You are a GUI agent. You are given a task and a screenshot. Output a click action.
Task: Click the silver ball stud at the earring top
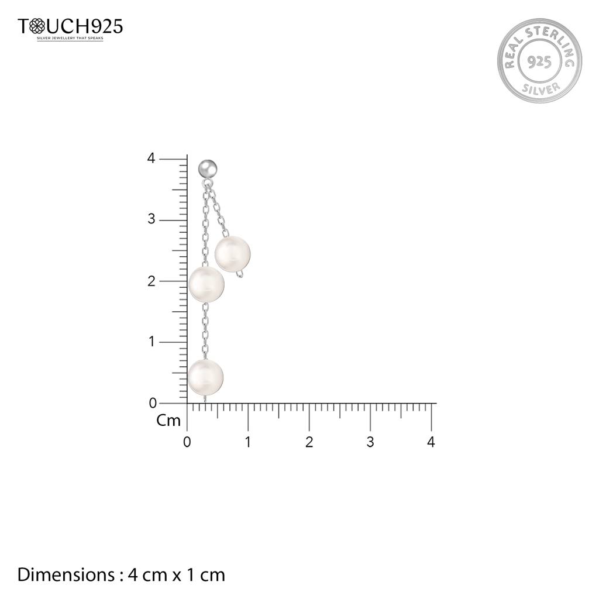208,168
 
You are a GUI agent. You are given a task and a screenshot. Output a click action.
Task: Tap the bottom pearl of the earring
205,377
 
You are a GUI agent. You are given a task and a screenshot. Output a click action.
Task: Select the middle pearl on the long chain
206,284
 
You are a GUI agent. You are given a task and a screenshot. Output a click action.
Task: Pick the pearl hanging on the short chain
233,254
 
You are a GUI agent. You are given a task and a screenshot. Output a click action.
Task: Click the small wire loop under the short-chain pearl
239,274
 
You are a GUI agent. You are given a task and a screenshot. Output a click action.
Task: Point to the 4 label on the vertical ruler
152,158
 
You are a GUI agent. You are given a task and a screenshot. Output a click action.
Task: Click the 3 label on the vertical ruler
152,219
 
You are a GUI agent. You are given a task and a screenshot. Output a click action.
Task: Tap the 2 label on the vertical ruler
152,281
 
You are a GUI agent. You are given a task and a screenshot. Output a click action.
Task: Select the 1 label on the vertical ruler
152,342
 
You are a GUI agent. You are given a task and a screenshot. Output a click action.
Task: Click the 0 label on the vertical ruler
153,403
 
